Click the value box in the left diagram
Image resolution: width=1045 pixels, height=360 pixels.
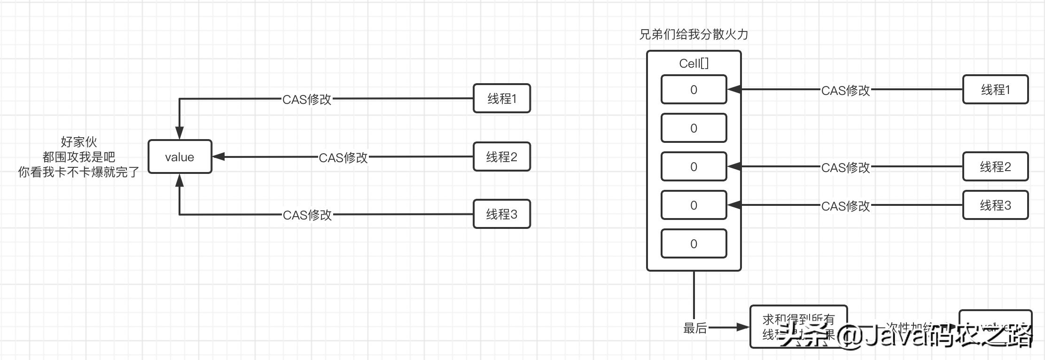[180, 157]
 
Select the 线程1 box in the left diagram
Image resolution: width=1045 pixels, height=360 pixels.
[502, 99]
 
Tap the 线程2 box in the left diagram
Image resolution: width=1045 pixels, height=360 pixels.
[502, 157]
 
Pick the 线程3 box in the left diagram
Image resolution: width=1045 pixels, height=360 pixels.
[502, 214]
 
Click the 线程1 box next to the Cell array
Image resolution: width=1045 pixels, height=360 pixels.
[995, 90]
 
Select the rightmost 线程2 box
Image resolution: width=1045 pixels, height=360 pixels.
[995, 167]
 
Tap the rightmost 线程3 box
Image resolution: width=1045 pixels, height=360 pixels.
[995, 205]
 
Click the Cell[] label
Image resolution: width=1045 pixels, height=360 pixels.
[694, 63]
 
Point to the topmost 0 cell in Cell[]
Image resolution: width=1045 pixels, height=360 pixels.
[694, 90]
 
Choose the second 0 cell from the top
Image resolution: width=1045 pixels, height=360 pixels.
[694, 128]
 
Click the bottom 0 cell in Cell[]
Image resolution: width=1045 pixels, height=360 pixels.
[694, 244]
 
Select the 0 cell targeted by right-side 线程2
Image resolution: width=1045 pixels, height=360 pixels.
[694, 167]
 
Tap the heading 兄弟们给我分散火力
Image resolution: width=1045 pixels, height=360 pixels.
[694, 34]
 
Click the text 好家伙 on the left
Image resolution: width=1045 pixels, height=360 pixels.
[79, 141]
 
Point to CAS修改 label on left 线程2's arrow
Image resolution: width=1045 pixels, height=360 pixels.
[343, 158]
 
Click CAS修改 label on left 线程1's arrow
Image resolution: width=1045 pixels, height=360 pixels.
[307, 100]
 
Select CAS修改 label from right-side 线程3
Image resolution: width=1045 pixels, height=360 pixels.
[845, 206]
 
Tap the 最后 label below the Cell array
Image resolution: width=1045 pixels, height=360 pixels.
[695, 328]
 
